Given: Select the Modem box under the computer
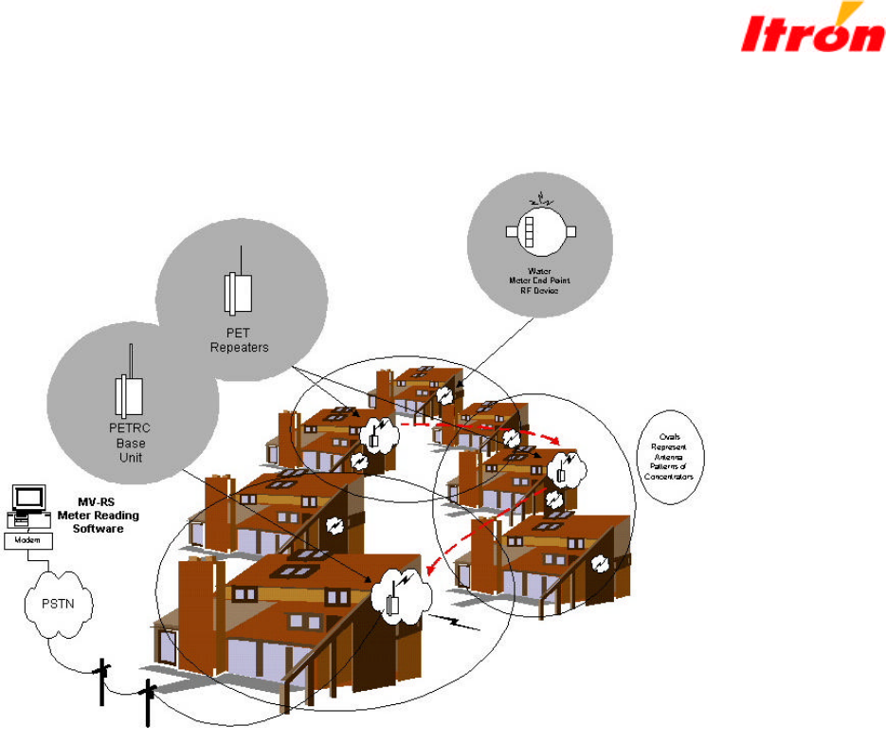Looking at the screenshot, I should (29, 538).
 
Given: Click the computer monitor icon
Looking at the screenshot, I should (28, 499).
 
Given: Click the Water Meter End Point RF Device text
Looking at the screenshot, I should (536, 281).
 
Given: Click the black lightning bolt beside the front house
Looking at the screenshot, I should (460, 623).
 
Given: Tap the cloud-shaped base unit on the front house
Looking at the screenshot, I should (399, 596).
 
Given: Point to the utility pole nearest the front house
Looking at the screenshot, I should (147, 702).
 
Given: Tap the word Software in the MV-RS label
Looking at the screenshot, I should (98, 528).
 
